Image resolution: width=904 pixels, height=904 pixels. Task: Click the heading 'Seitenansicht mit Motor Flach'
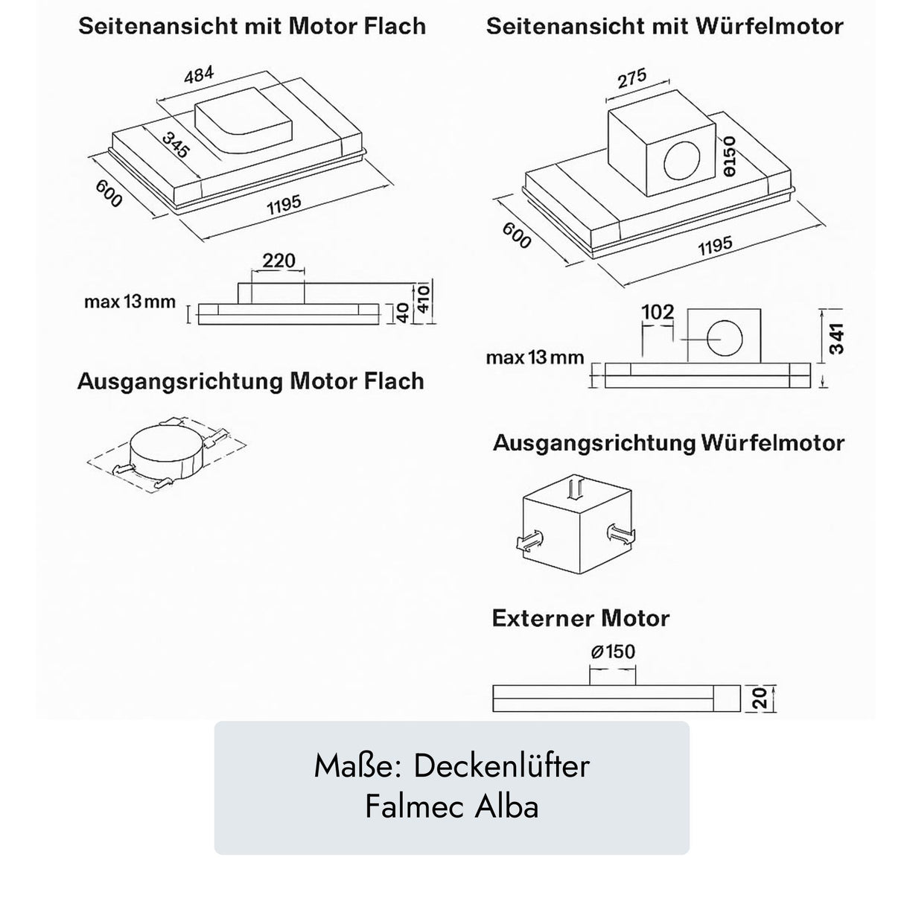252,27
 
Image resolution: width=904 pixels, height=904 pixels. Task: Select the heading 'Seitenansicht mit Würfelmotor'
664,27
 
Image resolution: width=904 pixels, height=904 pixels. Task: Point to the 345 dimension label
176,144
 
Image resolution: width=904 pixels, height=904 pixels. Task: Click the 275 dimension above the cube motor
631,79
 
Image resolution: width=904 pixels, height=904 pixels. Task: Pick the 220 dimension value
278,261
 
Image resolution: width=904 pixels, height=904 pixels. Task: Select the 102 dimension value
658,311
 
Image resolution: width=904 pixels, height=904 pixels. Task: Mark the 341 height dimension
837,339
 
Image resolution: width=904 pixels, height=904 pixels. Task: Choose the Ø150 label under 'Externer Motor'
613,652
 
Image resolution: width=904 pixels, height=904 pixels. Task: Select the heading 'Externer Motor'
581,619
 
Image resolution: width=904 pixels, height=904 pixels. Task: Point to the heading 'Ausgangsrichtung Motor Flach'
250,381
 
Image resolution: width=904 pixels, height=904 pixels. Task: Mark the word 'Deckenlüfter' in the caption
501,766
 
